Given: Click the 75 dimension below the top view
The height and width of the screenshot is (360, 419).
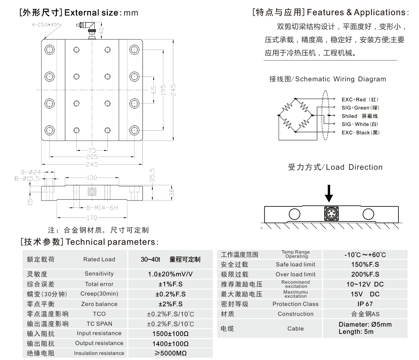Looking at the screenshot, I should (92, 150).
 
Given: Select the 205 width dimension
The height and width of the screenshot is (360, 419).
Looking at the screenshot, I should (92, 157).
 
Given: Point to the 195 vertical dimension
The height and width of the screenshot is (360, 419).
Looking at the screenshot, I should (163, 90).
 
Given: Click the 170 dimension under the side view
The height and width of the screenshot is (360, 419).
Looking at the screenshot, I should (92, 217).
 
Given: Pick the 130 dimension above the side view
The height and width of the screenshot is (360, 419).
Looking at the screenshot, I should (92, 178).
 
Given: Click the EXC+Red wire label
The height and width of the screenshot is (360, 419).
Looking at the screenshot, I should (360, 99).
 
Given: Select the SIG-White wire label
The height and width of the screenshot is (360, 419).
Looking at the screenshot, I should (360, 124).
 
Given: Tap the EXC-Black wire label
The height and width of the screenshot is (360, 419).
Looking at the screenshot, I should (360, 132).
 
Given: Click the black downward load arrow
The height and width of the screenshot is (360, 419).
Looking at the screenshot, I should (329, 193).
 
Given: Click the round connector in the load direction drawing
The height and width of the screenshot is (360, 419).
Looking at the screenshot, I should (331, 213).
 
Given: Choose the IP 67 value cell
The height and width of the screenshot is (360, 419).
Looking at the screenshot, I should (365, 304).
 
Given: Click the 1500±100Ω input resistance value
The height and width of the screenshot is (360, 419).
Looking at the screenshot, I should (170, 334).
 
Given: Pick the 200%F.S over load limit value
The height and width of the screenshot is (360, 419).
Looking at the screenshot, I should (365, 274).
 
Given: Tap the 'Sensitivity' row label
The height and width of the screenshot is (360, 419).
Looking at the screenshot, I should (99, 274).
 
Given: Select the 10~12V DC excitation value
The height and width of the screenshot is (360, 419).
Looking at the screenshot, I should (365, 284).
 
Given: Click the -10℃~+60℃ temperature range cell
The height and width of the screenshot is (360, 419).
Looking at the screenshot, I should (365, 255).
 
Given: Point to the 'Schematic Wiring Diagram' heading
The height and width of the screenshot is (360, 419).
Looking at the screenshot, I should (327, 79).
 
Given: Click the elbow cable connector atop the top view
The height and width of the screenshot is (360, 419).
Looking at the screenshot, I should (86, 27).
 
